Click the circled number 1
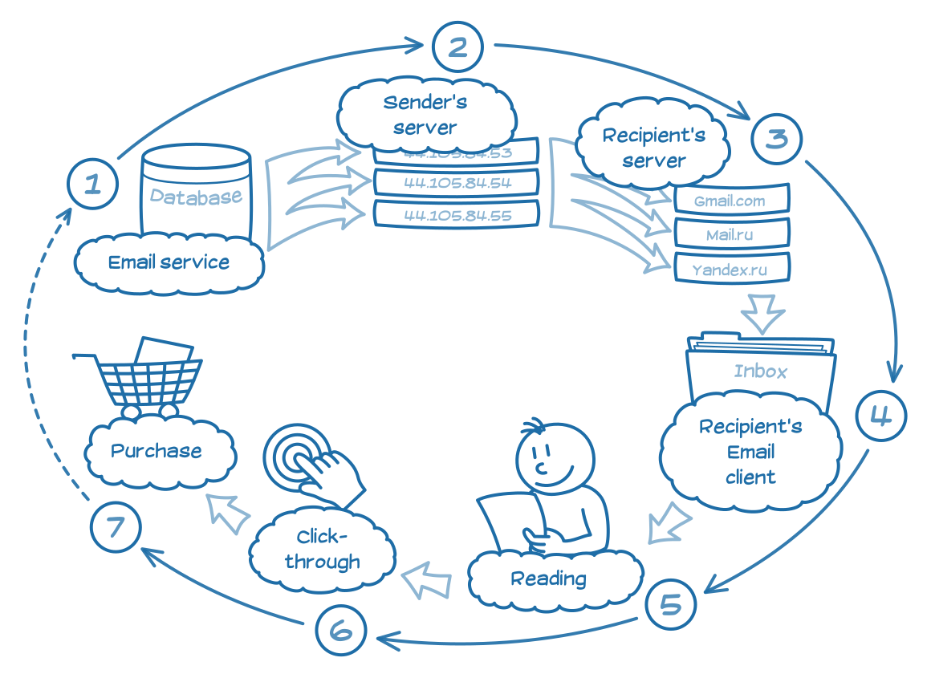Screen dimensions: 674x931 [93, 185]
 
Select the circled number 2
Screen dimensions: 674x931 [457, 47]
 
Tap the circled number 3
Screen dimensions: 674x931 [776, 139]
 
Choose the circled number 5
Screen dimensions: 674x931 [670, 604]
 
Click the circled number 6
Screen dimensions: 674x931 [340, 631]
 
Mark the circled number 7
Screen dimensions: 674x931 [115, 527]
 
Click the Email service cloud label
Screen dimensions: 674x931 [169, 262]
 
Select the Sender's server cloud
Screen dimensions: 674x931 [425, 114]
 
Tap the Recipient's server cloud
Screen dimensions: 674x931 [654, 147]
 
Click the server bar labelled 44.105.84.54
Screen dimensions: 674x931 [457, 182]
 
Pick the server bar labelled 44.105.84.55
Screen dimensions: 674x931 [457, 215]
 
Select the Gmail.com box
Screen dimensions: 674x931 [730, 201]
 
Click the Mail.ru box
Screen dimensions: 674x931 [730, 235]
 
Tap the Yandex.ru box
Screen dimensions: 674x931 [730, 270]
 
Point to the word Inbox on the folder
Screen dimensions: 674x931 [760, 372]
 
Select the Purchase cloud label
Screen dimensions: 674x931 [157, 451]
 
